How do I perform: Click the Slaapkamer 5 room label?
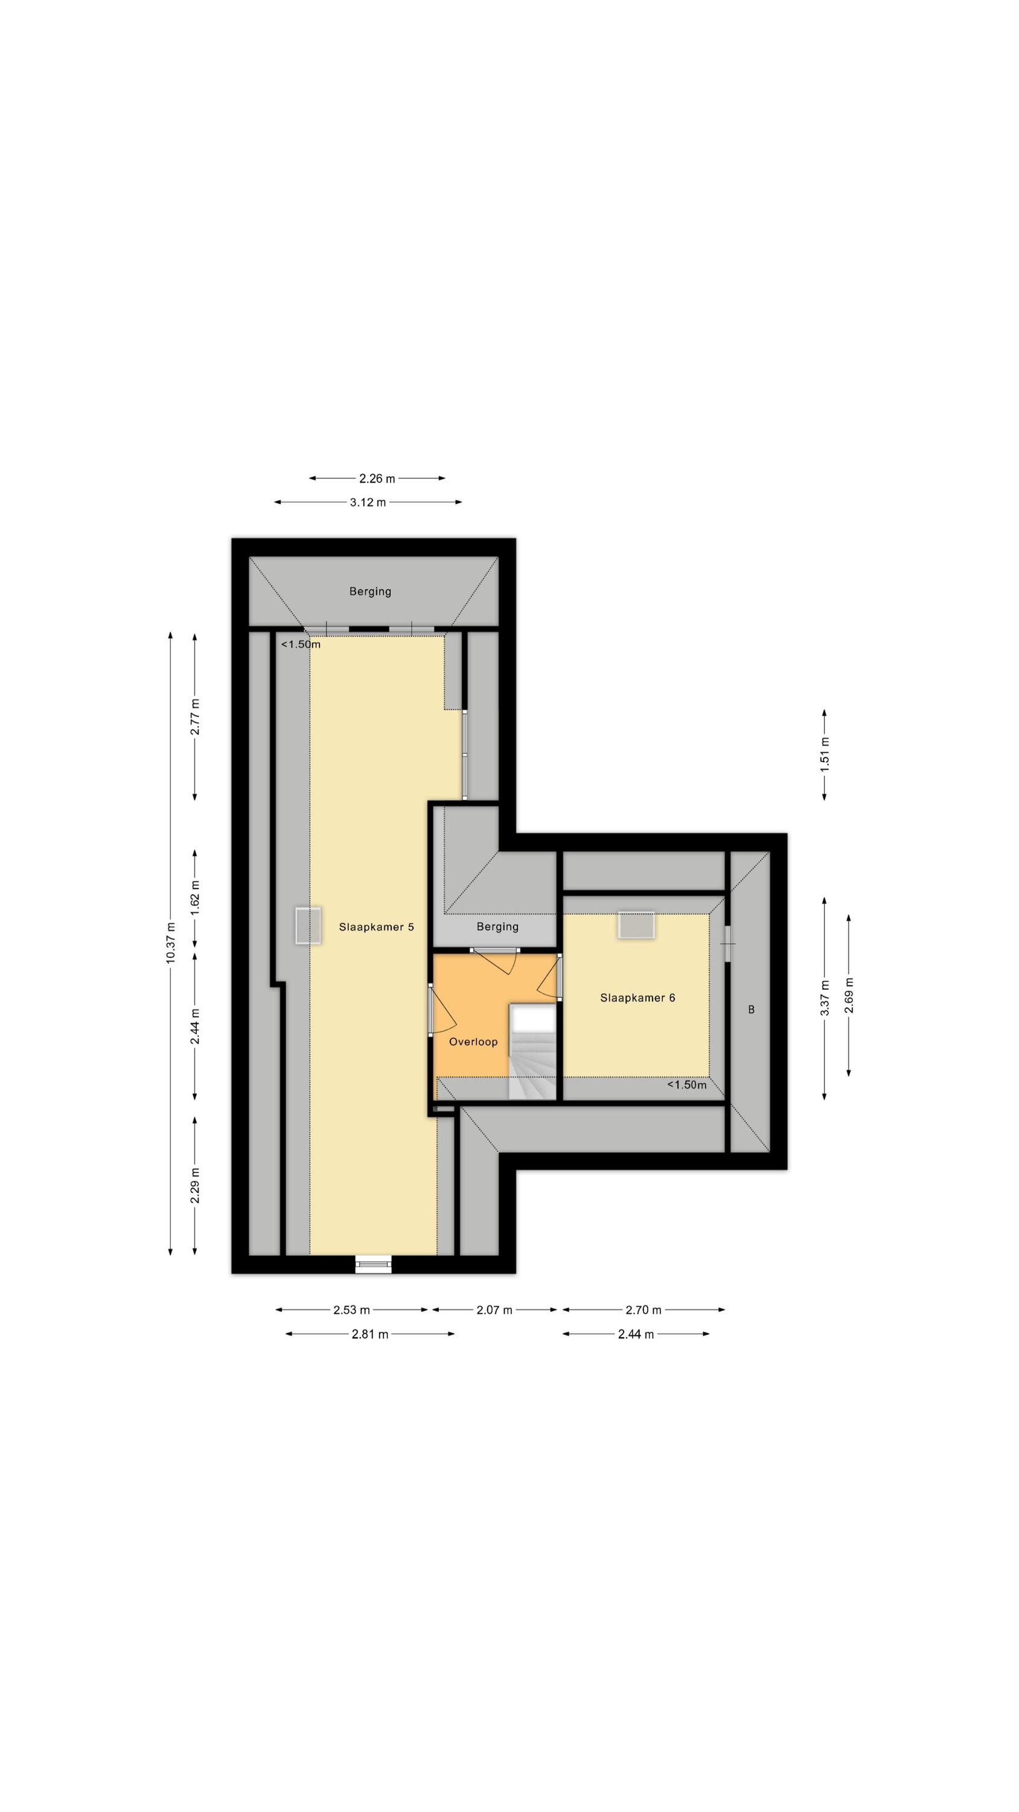point(376,927)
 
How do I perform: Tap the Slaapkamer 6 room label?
point(637,997)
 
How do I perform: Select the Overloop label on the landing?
point(473,1042)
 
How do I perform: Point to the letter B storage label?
point(751,1009)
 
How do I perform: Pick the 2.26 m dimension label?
point(377,478)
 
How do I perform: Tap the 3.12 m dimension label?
point(368,503)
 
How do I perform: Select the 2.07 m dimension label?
point(494,1309)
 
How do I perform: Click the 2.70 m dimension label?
point(644,1309)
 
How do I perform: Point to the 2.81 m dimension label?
point(370,1334)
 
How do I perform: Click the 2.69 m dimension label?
point(849,995)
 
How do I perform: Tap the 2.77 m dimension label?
point(195,717)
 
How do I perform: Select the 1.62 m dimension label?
point(195,897)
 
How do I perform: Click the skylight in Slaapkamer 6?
point(636,924)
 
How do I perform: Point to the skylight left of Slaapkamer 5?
point(308,926)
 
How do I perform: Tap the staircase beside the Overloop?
point(532,1052)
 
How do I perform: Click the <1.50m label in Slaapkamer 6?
point(686,1085)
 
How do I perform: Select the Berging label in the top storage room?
point(370,591)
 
